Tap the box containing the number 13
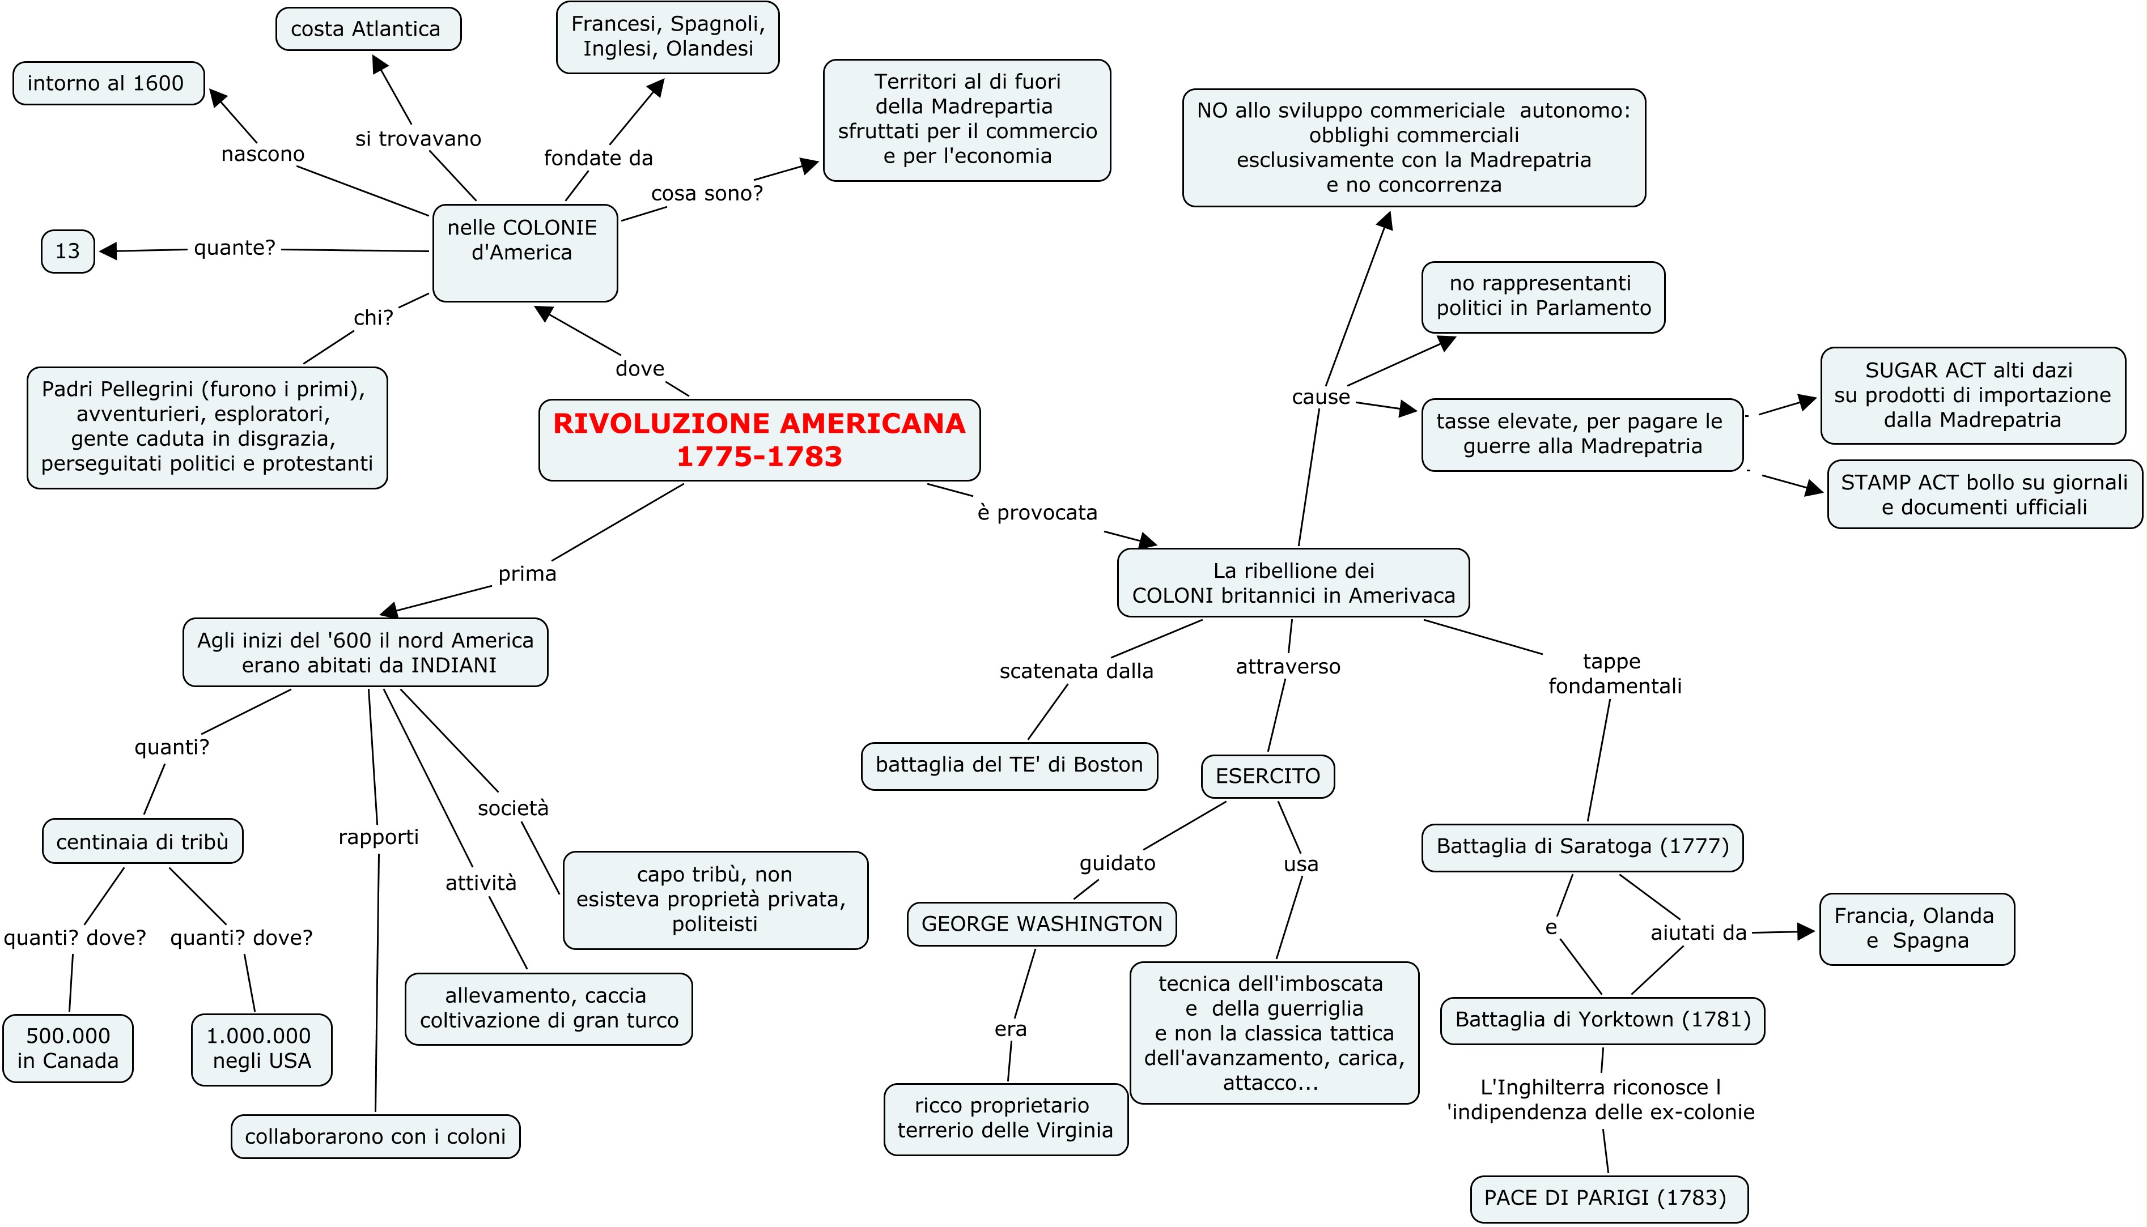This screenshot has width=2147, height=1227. [67, 251]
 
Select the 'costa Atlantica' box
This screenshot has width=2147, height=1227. [367, 29]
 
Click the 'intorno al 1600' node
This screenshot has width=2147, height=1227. [108, 83]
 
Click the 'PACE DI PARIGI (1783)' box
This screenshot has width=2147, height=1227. [1609, 1198]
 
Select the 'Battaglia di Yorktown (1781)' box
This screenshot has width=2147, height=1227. [1602, 1020]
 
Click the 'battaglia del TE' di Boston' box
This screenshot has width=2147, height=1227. [1008, 765]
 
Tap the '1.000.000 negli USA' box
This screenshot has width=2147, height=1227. [261, 1049]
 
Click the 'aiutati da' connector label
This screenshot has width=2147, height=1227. [1698, 933]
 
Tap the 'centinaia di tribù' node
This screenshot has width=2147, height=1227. [142, 842]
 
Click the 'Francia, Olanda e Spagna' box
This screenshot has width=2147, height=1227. [1916, 928]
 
